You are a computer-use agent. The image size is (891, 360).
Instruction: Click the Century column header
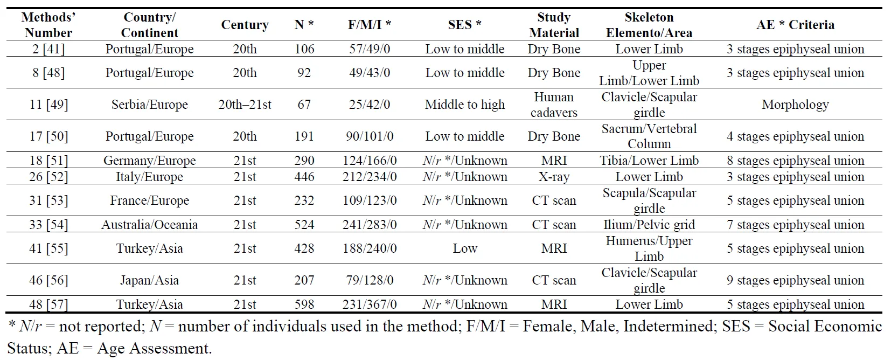(245, 25)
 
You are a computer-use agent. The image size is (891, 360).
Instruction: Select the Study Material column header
(554, 25)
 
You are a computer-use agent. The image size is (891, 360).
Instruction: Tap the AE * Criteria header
(795, 25)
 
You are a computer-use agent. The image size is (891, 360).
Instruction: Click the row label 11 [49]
(48, 105)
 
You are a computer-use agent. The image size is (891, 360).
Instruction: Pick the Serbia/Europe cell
(150, 105)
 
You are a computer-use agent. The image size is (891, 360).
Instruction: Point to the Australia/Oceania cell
(150, 225)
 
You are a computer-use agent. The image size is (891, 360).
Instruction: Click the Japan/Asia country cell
(150, 280)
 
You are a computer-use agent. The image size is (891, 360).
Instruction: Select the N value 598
(304, 304)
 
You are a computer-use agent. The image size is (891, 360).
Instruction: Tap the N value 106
(304, 49)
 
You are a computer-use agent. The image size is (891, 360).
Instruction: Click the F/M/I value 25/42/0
(370, 105)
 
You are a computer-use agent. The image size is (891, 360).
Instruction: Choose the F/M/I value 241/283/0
(370, 225)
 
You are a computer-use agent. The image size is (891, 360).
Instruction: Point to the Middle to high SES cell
(465, 105)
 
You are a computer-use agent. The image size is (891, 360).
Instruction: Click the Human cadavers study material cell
(554, 105)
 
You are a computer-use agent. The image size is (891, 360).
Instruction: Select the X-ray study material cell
(554, 177)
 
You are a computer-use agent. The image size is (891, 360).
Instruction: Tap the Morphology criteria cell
(795, 105)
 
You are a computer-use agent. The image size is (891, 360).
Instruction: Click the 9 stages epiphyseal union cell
(795, 280)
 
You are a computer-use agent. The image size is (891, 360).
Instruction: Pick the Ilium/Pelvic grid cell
(649, 225)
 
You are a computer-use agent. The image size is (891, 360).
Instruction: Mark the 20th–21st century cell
(245, 105)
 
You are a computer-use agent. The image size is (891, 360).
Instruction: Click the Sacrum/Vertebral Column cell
(649, 136)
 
